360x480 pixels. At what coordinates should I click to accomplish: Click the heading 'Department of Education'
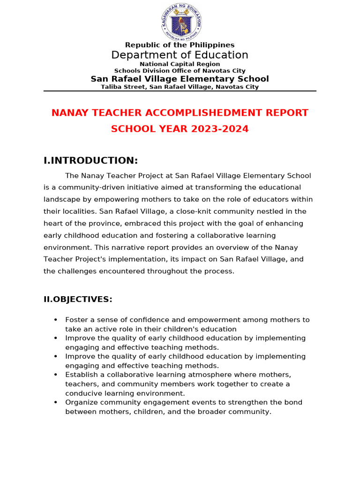(x=180, y=55)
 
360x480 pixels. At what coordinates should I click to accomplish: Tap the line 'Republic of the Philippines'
(x=180, y=45)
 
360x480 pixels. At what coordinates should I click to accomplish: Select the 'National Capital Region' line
(x=180, y=64)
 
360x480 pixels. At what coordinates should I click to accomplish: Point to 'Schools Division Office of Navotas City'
(x=180, y=71)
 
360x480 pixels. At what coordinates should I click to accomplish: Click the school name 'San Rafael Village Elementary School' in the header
(x=180, y=79)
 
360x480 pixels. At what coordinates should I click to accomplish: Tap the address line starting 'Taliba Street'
(x=180, y=87)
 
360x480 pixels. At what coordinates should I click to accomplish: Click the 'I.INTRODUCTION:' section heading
(x=90, y=161)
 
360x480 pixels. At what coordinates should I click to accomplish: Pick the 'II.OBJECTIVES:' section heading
(x=78, y=299)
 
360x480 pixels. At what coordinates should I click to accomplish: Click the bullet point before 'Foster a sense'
(x=56, y=320)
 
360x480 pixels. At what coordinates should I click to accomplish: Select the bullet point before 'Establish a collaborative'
(x=56, y=375)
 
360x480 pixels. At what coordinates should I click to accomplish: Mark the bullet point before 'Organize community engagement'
(x=56, y=402)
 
